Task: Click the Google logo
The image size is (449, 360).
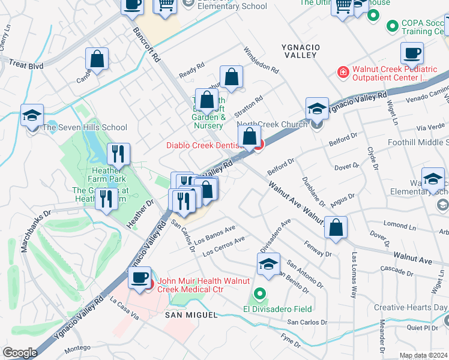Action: (x=20, y=352)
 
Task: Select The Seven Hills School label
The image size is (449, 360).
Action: (x=84, y=127)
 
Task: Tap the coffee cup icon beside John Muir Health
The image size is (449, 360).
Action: (x=140, y=278)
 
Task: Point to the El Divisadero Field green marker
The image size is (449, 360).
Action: (x=259, y=295)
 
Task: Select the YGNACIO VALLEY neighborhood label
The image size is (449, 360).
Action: (x=300, y=50)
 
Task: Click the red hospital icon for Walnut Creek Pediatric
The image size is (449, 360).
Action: (x=343, y=73)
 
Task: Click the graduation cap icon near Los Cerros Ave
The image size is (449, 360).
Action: (x=268, y=263)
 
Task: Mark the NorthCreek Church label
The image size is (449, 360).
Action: (x=272, y=125)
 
